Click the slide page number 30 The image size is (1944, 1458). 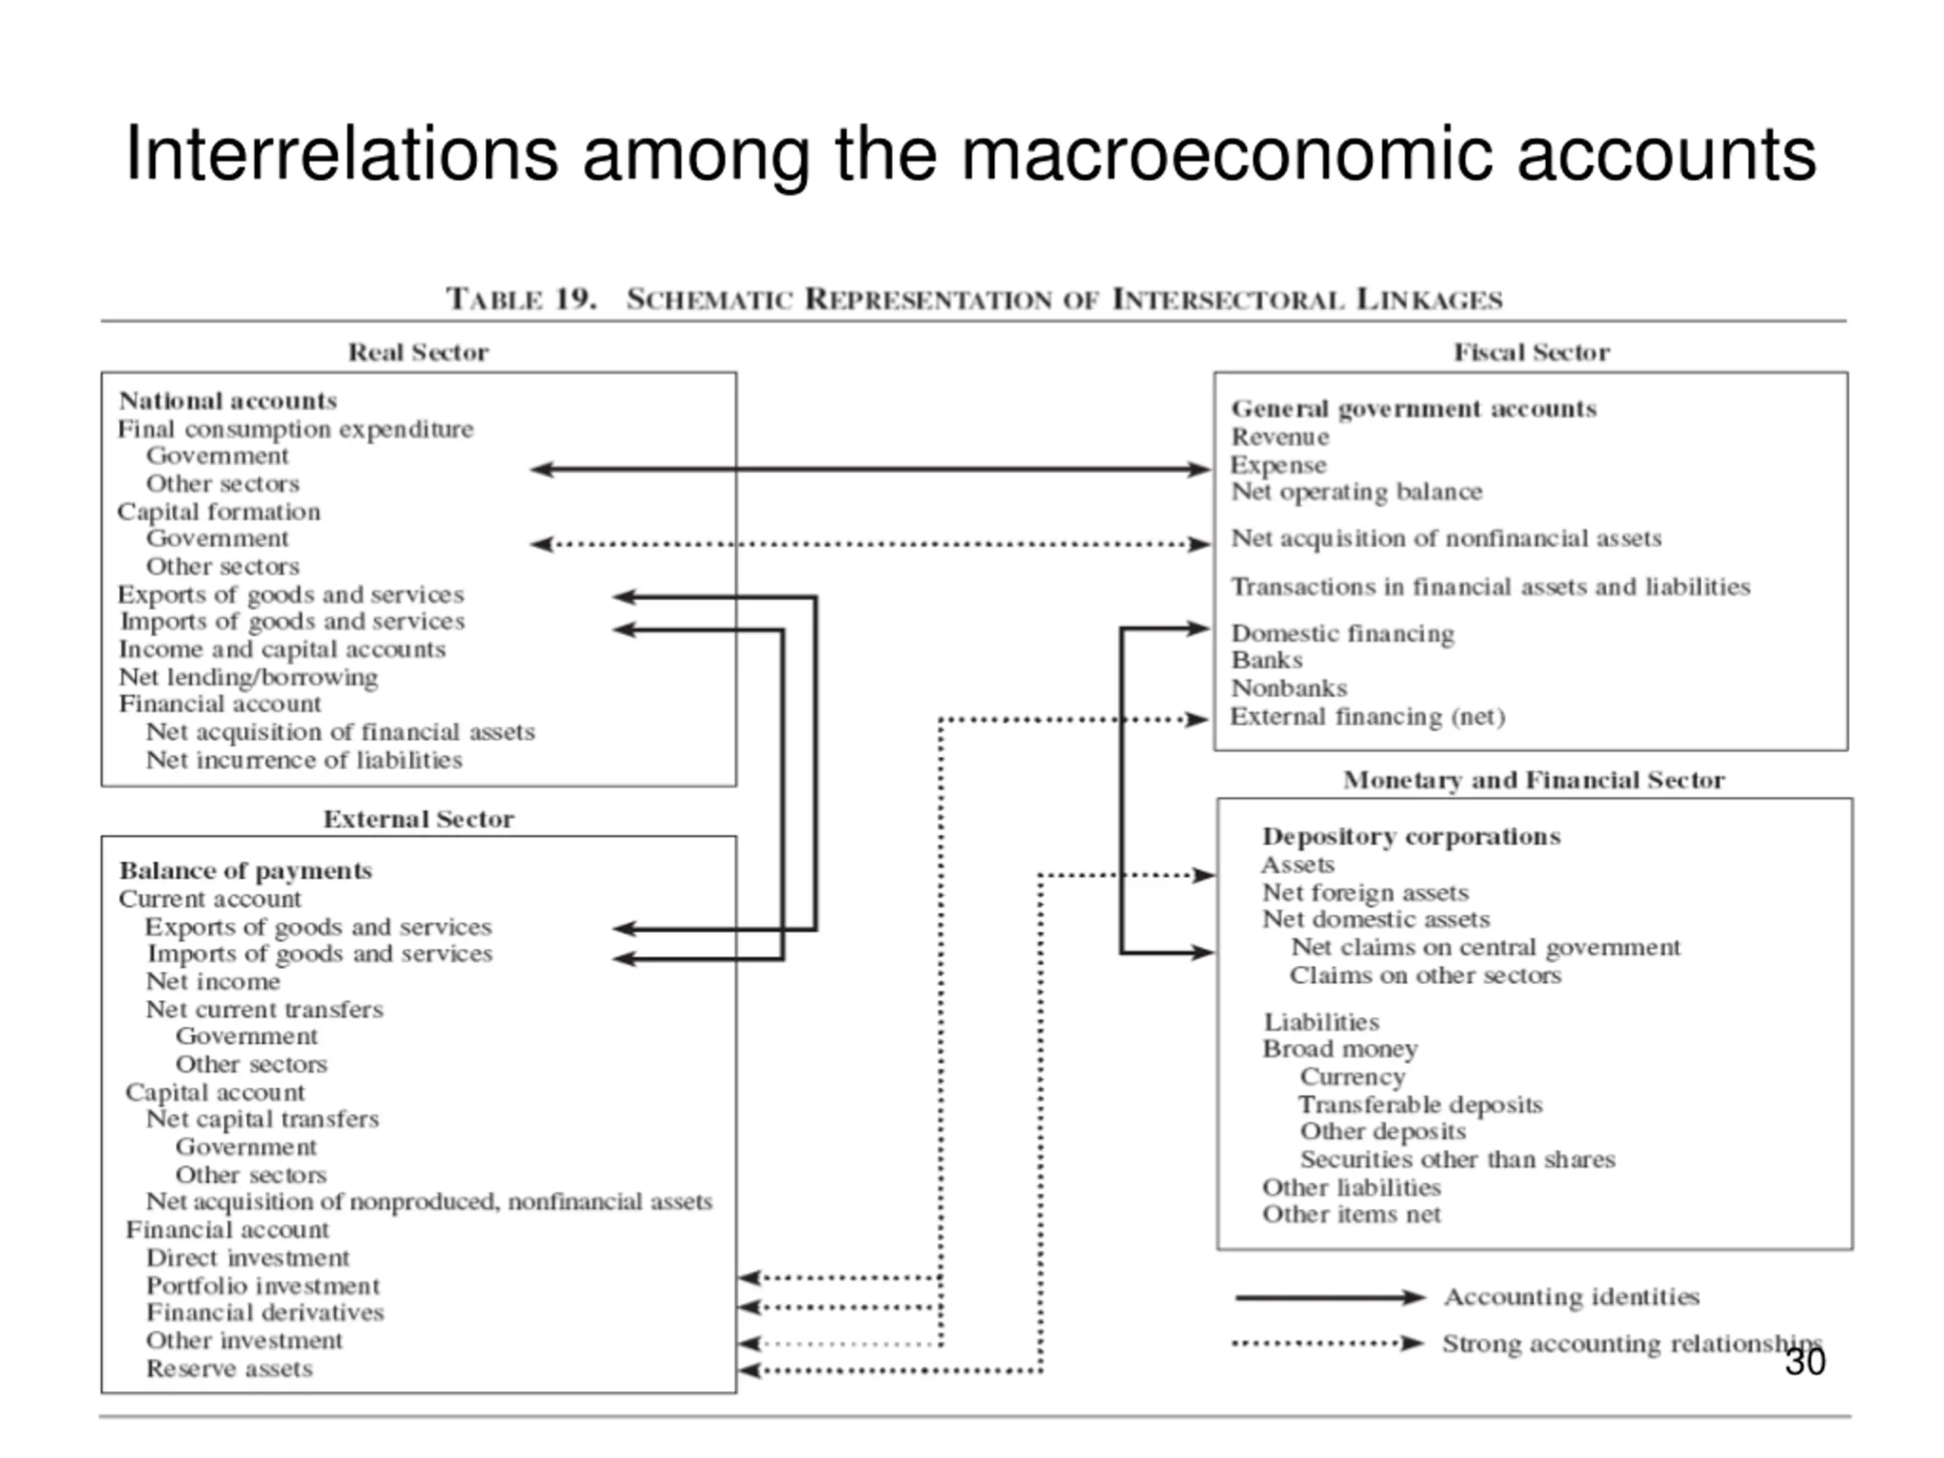point(1805,1362)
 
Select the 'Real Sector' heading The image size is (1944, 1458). point(418,352)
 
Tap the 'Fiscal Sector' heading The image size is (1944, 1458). point(1532,352)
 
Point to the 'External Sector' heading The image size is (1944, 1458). point(418,819)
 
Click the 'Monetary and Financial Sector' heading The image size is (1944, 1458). point(1534,781)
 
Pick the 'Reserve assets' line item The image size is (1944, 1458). point(229,1368)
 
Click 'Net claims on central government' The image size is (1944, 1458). point(1485,948)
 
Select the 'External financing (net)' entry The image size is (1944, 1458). point(1368,717)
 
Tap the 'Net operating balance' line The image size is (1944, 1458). point(1356,492)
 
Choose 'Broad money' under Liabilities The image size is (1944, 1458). point(1340,1049)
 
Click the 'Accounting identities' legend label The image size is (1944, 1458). point(1571,1297)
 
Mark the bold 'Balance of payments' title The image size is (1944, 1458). point(246,871)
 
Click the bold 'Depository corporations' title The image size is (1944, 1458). point(1412,837)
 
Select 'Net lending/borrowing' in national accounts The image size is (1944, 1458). point(249,677)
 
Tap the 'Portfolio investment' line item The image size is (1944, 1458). point(263,1286)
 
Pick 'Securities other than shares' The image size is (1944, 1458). point(1457,1160)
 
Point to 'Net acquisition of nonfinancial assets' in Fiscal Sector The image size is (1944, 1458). point(1446,538)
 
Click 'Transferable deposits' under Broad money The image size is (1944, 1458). point(1420,1105)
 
